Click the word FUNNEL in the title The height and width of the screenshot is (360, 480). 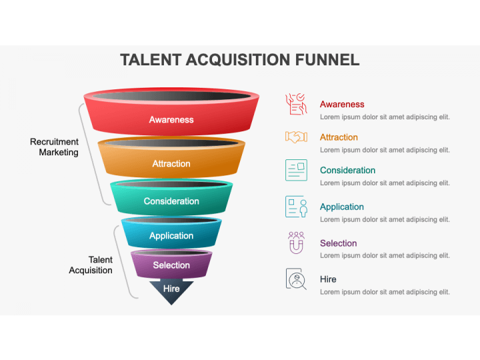[x=327, y=60]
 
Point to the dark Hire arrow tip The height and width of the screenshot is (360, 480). [x=171, y=305]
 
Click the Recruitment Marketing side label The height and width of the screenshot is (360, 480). [x=54, y=147]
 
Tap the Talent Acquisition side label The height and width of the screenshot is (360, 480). [x=91, y=265]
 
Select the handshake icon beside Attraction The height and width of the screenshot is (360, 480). [x=296, y=137]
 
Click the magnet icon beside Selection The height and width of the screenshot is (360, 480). [x=296, y=243]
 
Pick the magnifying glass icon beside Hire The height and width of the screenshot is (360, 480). [x=296, y=279]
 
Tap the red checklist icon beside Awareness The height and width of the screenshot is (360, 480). [x=296, y=104]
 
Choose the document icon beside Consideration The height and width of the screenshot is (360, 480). [x=296, y=170]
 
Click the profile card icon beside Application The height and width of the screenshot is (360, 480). [x=296, y=207]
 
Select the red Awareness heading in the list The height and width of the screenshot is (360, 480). [x=342, y=105]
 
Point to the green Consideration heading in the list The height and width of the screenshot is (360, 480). [x=347, y=170]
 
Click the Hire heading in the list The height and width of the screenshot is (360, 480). [x=328, y=279]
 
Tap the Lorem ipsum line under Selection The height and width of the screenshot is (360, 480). [x=385, y=255]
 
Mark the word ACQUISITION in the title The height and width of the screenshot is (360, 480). [x=237, y=60]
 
